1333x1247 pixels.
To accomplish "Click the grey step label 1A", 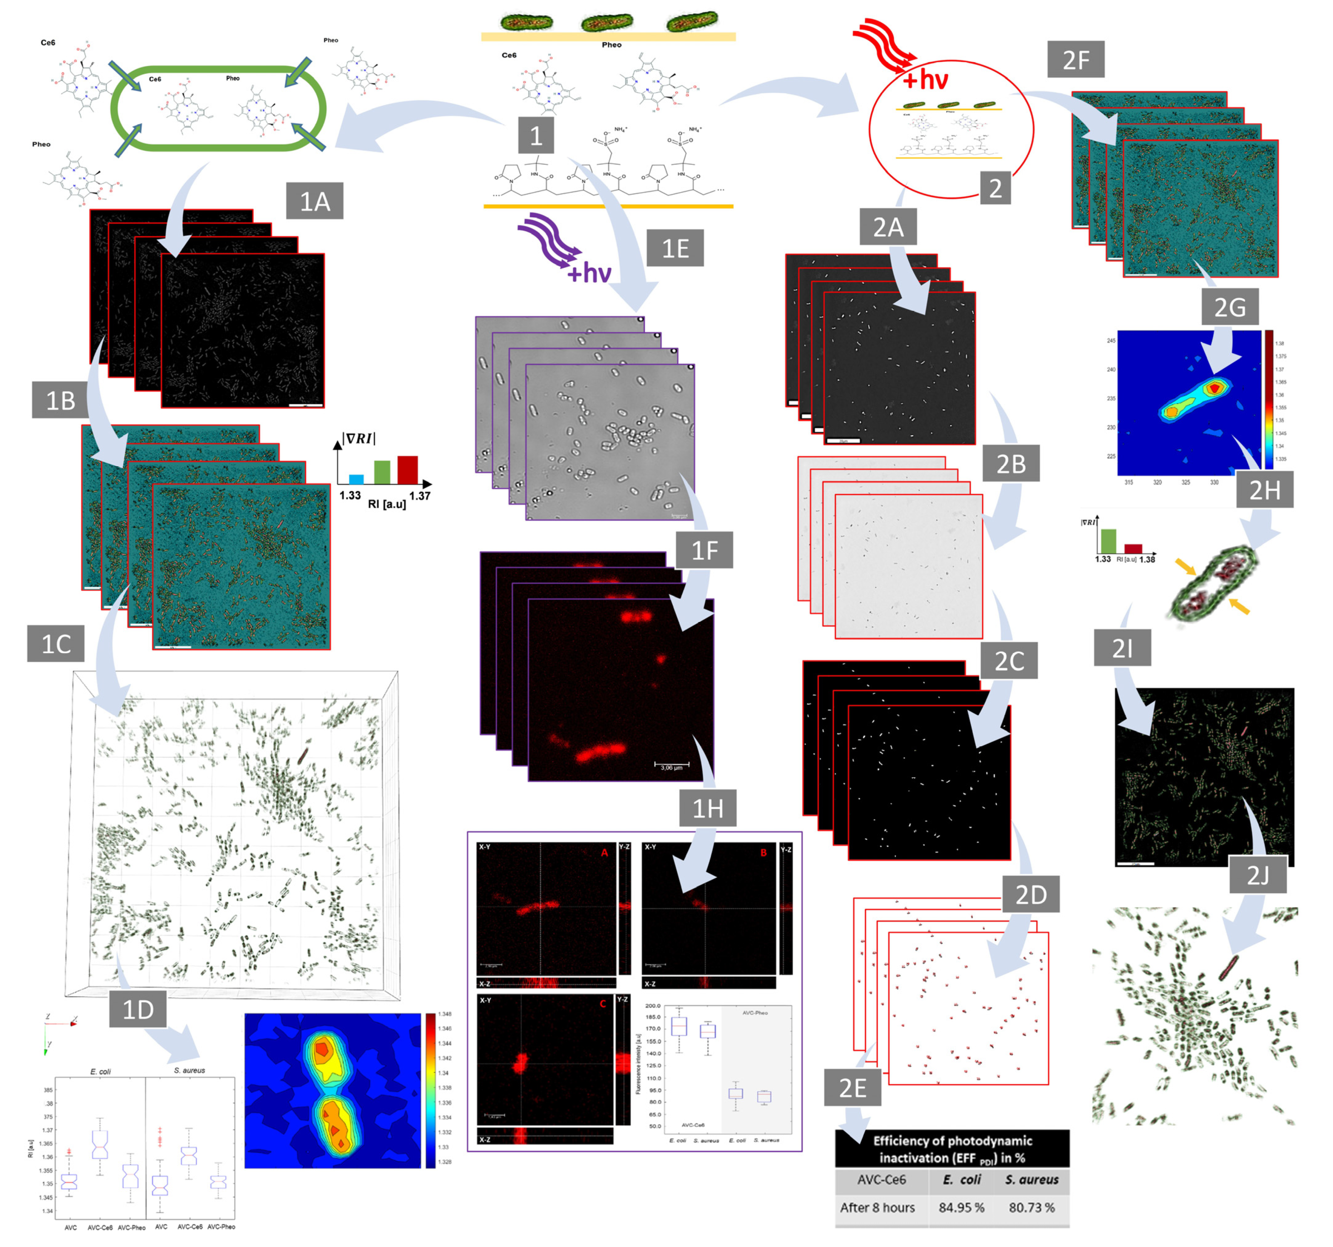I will pos(314,201).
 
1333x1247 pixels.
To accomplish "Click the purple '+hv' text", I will pos(589,273).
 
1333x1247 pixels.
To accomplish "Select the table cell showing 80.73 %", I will pos(1031,1207).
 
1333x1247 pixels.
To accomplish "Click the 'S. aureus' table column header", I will pos(1031,1179).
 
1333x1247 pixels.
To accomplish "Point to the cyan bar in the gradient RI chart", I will pos(357,479).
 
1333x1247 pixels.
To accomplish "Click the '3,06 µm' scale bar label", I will pos(671,767).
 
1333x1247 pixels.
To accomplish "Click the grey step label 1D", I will pos(138,1009).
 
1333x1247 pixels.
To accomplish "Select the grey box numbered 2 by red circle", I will pos(995,188).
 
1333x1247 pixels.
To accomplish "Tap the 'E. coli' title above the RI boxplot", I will pos(100,1072).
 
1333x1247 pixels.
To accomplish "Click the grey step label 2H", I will pos(1264,490).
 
